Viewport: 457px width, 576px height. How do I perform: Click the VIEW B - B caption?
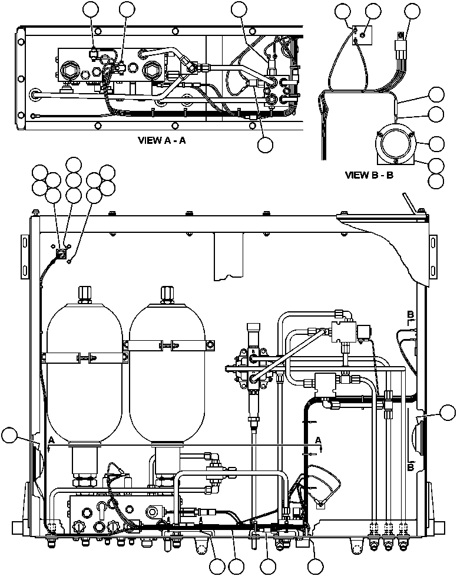coord(369,175)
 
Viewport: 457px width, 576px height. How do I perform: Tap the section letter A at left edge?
coord(52,440)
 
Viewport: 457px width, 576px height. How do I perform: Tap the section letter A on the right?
coord(319,440)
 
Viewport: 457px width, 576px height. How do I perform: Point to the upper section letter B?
coord(410,313)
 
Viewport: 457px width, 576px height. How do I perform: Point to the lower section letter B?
coord(410,468)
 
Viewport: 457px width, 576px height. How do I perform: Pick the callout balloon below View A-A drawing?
coord(265,144)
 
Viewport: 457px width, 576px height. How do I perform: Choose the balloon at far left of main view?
coord(10,436)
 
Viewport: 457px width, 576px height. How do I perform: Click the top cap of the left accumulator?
coord(84,292)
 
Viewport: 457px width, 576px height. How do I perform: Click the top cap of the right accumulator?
coord(167,292)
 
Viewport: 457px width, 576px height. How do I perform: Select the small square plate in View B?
coord(360,35)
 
